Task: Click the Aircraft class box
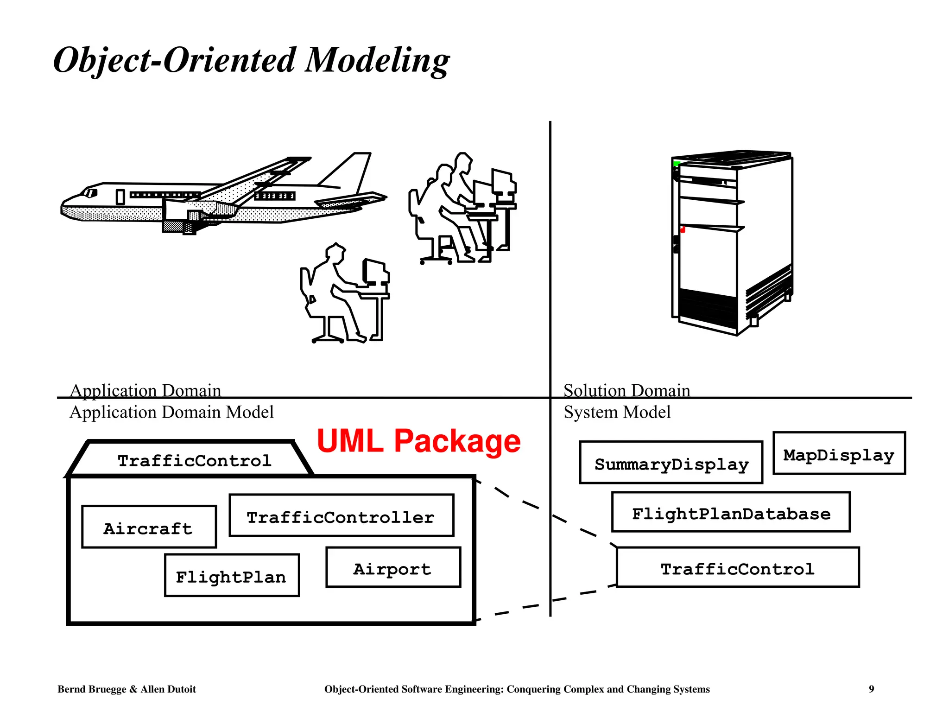point(149,527)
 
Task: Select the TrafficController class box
point(341,515)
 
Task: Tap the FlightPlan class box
point(232,575)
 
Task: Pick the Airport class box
point(393,567)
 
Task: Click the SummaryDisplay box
point(671,463)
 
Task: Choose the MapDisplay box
point(839,453)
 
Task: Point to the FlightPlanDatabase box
point(731,512)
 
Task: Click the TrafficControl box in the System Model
point(737,567)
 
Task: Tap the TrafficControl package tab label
point(194,460)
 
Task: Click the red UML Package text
point(418,441)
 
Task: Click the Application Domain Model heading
point(171,412)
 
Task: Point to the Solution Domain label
point(626,390)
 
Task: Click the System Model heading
point(617,412)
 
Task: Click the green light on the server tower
point(676,164)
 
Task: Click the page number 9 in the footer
point(871,689)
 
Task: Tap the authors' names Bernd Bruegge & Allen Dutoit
point(127,689)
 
